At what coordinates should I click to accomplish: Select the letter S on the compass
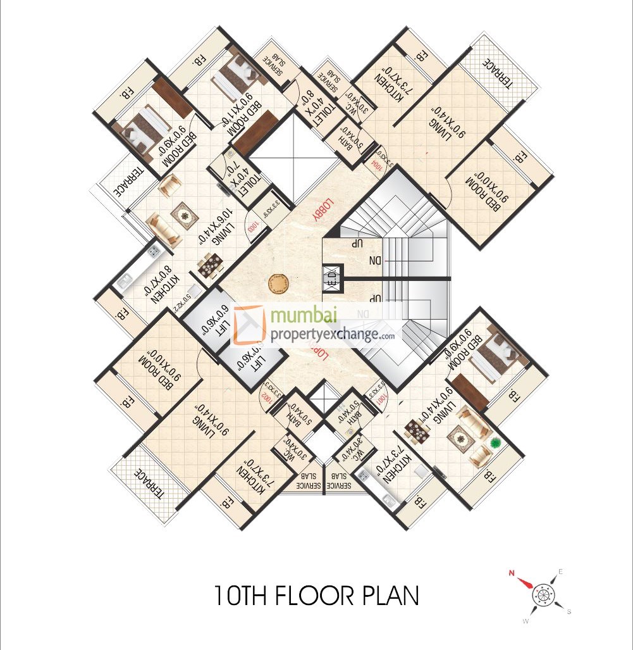pyautogui.click(x=569, y=611)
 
